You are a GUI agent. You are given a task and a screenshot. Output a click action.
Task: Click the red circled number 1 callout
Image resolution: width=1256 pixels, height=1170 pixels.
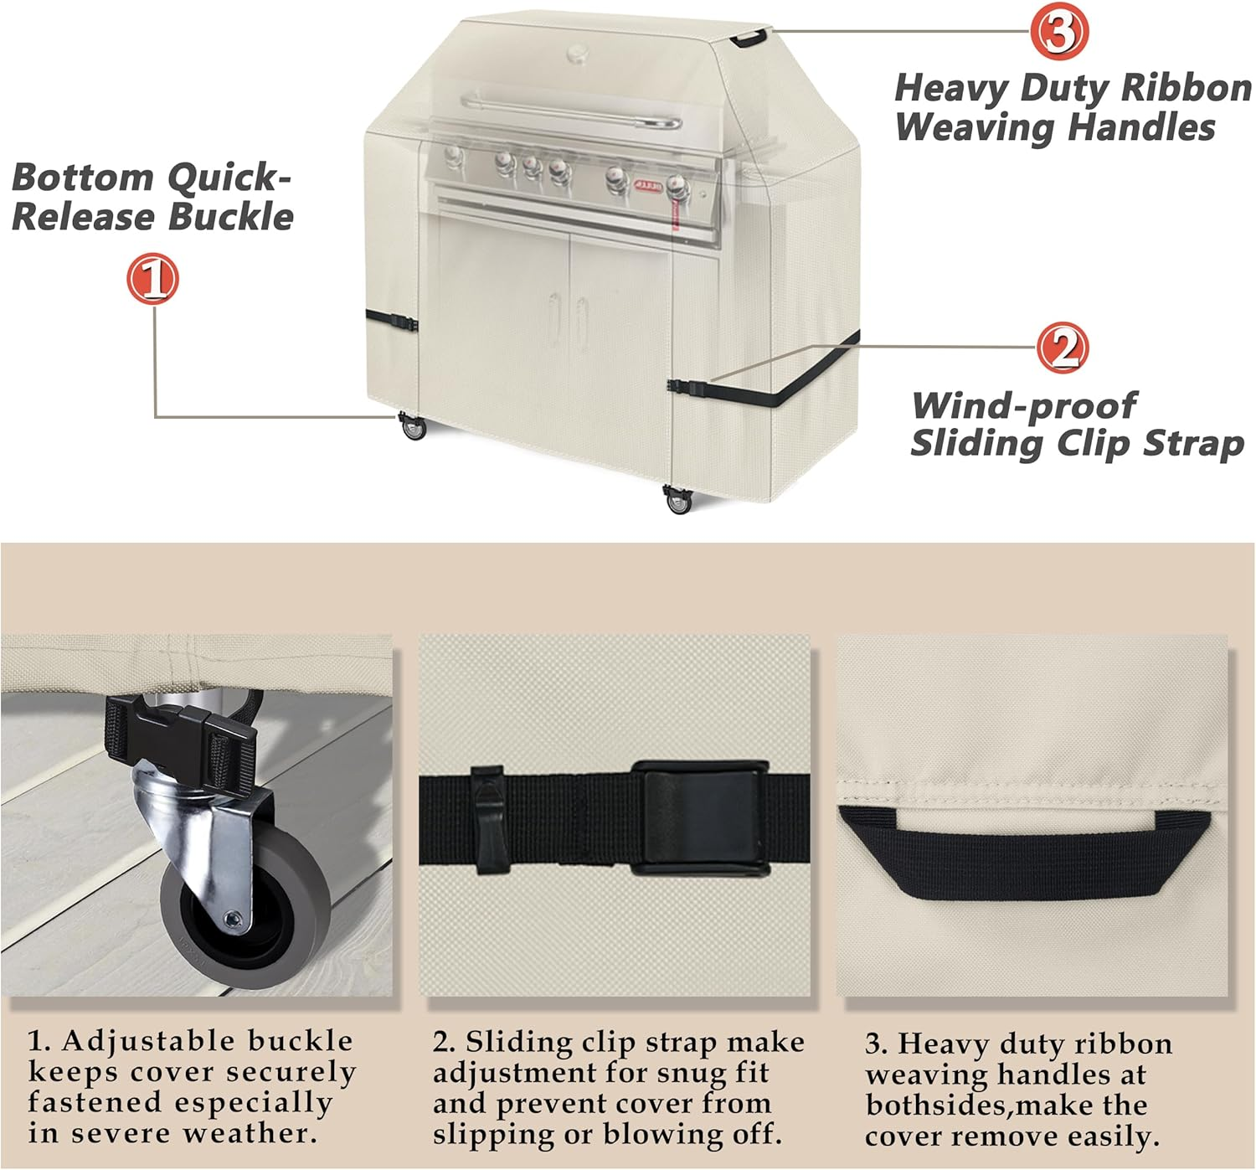pos(153,278)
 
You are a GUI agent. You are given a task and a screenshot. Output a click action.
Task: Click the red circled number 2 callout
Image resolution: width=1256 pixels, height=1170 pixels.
pos(1063,348)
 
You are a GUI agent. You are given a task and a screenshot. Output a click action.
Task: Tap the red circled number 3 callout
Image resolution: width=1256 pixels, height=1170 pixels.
pos(1059,32)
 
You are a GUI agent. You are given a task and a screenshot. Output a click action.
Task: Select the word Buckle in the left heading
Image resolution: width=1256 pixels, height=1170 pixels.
pos(230,216)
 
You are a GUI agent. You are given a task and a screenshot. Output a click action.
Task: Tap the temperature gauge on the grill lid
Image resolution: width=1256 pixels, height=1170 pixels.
pos(578,53)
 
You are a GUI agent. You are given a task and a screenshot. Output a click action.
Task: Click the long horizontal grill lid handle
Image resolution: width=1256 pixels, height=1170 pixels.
pos(572,111)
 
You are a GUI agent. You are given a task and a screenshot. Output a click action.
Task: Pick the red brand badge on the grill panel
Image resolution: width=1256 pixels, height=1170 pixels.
pos(649,185)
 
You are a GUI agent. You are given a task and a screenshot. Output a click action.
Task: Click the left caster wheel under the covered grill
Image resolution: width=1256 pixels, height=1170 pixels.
pos(413,426)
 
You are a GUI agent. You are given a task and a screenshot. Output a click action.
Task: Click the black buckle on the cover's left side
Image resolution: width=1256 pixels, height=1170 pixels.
pos(404,323)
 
